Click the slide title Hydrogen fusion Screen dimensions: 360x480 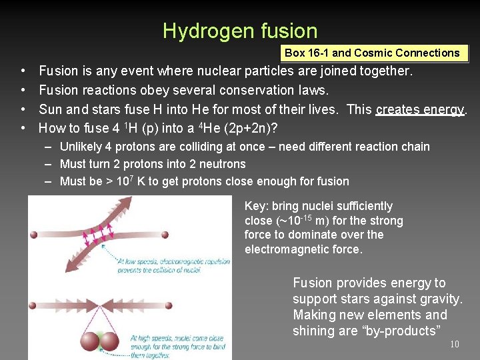tap(240, 31)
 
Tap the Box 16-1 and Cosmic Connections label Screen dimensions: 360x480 tap(372, 53)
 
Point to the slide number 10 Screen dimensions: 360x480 tap(454, 344)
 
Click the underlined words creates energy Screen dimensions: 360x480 tap(420, 109)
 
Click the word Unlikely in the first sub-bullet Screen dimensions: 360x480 tap(81, 147)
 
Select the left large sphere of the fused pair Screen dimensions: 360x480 tap(89, 342)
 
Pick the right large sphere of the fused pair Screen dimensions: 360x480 tap(108, 342)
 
